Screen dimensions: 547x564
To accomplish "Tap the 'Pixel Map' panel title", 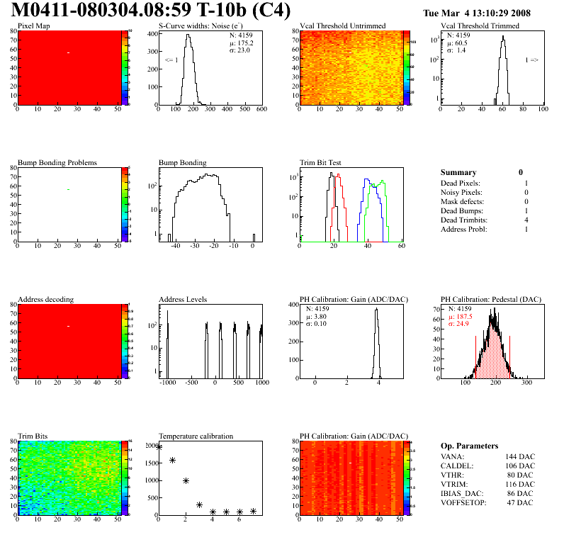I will click(x=33, y=26).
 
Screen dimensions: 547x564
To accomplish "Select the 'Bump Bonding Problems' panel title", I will click(x=57, y=162).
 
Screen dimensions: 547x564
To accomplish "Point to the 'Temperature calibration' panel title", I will click(x=196, y=436).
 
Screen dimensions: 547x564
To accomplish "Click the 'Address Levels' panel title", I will click(x=183, y=299).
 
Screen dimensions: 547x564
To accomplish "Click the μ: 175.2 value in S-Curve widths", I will click(x=242, y=43).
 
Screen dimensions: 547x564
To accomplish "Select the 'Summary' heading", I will click(x=458, y=172).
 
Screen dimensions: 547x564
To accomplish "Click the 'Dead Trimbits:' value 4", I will click(x=526, y=220).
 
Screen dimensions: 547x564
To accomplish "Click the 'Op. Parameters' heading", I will click(x=469, y=446).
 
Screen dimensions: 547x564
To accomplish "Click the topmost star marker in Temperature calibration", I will click(x=159, y=447).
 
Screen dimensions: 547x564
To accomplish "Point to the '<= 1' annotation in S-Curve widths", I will click(x=171, y=60).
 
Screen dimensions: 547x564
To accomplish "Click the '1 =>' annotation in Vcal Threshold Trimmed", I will click(x=531, y=60).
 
